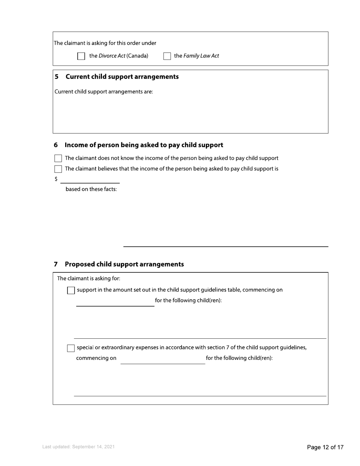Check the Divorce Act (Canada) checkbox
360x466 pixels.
coord(81,56)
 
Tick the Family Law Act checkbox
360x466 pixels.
coord(167,56)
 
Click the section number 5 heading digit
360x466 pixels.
coord(56,77)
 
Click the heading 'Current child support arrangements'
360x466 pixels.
coord(122,77)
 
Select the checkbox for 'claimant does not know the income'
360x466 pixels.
coord(58,158)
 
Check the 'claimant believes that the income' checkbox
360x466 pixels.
coord(58,169)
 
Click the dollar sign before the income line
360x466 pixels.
coord(56,179)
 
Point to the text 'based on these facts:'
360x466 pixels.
coord(91,189)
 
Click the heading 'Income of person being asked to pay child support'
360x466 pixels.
coord(144,145)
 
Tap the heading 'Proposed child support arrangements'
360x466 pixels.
coord(124,264)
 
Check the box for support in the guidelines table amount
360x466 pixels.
coord(71,291)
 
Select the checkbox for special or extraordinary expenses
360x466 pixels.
coord(71,348)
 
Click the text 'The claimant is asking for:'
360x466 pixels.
coord(89,278)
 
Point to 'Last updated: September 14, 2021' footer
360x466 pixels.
coord(78,447)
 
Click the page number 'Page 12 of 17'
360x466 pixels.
coord(325,447)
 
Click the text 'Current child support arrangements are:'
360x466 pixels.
coord(104,92)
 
